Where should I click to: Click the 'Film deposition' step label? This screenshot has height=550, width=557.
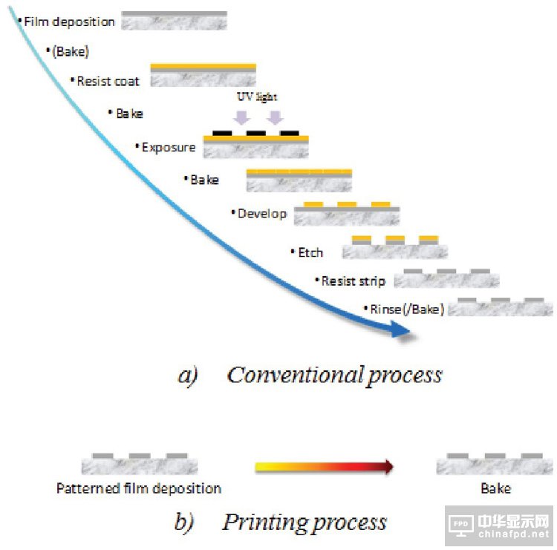pyautogui.click(x=69, y=21)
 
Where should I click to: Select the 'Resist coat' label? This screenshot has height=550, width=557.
pyautogui.click(x=108, y=81)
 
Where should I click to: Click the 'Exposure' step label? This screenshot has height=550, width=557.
pyautogui.click(x=169, y=147)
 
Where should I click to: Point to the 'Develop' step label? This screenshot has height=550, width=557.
pyautogui.click(x=262, y=213)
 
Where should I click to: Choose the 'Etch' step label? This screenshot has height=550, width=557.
pyautogui.click(x=310, y=252)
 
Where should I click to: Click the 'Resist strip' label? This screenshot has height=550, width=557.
pyautogui.click(x=353, y=281)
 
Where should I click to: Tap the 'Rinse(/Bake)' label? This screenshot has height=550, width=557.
pyautogui.click(x=406, y=309)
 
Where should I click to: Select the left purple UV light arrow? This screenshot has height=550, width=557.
pyautogui.click(x=242, y=117)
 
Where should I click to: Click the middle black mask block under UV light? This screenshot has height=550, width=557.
pyautogui.click(x=256, y=134)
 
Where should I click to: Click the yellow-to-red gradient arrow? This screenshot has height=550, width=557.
pyautogui.click(x=323, y=467)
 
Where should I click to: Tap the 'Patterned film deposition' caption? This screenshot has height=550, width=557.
pyautogui.click(x=139, y=488)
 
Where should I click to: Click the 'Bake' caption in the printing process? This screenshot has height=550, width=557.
pyautogui.click(x=495, y=488)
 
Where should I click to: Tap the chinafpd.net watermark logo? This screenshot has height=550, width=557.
pyautogui.click(x=501, y=526)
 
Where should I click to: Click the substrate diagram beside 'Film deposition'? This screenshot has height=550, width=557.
pyautogui.click(x=175, y=21)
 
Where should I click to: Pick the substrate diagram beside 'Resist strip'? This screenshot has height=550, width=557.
pyautogui.click(x=446, y=279)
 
